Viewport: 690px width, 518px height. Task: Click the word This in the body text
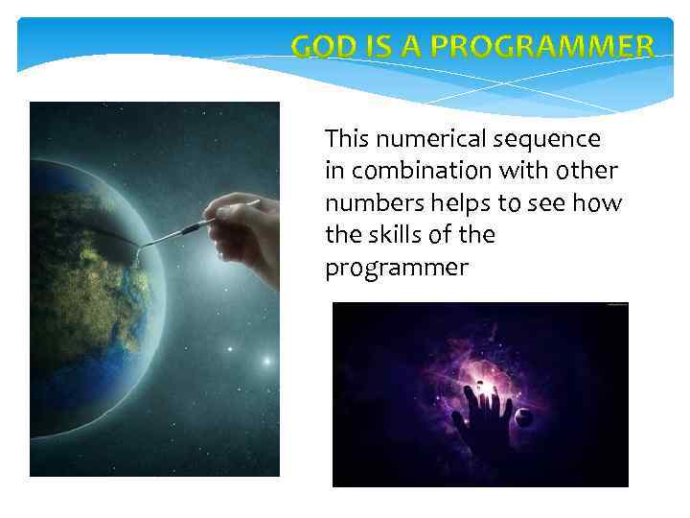pos(347,139)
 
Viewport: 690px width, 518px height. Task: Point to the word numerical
pos(431,139)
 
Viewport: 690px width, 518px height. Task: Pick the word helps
pos(449,203)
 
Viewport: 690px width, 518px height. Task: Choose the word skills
pos(387,235)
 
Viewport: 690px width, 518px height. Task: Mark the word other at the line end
pos(586,172)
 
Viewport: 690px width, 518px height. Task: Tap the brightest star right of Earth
pos(265,362)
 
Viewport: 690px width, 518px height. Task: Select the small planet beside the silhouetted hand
pos(524,415)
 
